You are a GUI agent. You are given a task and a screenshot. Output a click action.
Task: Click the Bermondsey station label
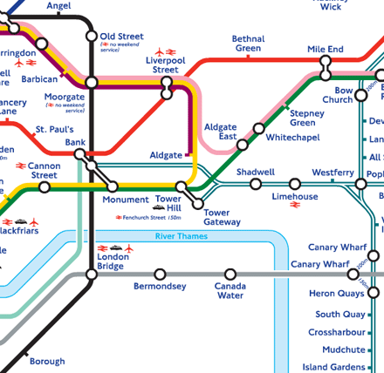160,287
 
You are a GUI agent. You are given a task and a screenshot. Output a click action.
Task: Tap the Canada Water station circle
230,275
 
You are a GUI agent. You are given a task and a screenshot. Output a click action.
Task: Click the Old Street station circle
92,37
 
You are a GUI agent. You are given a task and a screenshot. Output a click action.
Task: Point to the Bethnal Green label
248,44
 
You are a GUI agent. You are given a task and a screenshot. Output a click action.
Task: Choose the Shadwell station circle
256,184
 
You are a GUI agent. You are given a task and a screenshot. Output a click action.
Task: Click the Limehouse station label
295,197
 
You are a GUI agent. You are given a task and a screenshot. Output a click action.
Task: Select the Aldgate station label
166,155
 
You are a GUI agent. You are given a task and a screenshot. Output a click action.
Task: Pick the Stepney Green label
307,119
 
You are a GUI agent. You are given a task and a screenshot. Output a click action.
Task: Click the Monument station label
126,200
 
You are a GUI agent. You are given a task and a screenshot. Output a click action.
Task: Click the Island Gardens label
334,367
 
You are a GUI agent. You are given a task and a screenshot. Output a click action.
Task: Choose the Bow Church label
337,95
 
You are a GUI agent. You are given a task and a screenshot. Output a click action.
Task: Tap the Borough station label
47,361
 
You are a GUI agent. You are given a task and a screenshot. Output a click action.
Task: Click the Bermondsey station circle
160,275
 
